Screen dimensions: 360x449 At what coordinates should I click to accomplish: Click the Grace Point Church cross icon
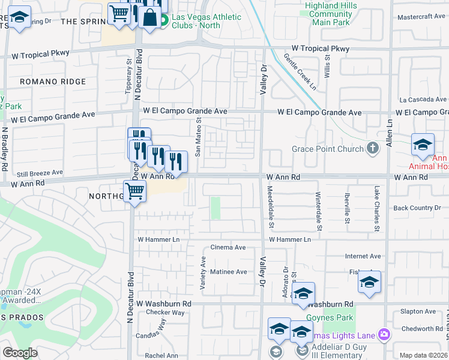click(x=373, y=149)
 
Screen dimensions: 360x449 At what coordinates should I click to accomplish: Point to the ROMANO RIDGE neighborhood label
click(x=53, y=82)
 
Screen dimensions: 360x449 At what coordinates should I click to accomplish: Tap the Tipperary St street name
click(x=128, y=76)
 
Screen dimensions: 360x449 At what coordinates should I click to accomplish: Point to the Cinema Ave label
click(x=228, y=247)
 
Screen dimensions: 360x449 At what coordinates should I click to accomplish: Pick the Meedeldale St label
click(x=270, y=207)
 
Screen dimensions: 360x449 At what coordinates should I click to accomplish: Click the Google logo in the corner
click(x=20, y=353)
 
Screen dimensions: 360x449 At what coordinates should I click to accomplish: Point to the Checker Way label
click(x=166, y=313)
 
